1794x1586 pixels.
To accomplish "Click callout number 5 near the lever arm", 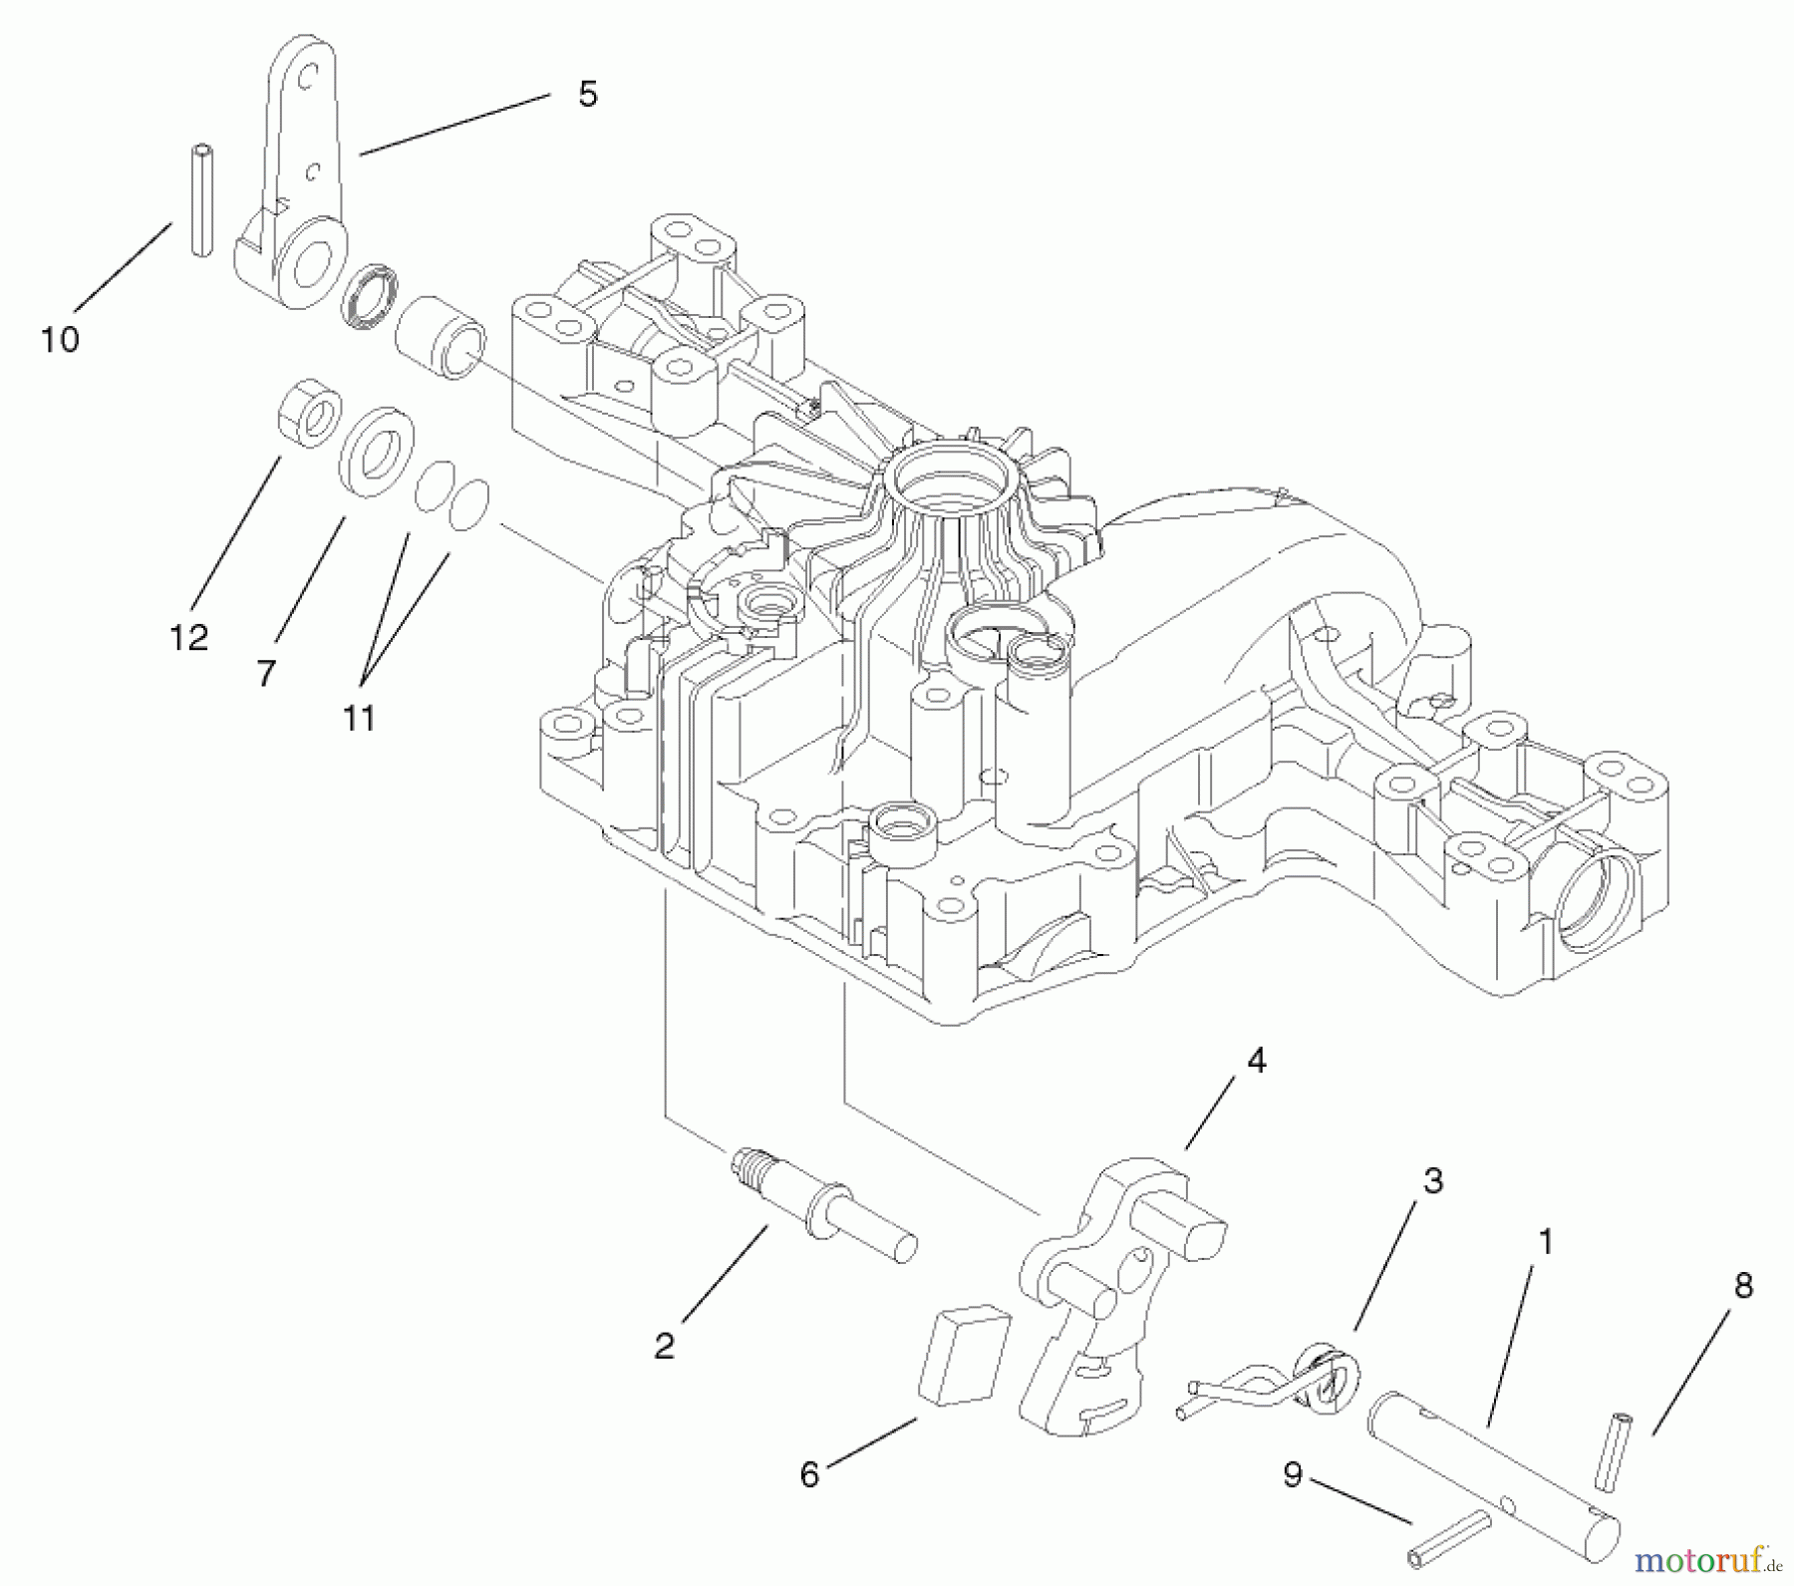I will pyautogui.click(x=587, y=95).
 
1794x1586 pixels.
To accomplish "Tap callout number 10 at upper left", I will pyautogui.click(x=60, y=340).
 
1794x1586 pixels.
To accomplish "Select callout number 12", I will pyautogui.click(x=189, y=637).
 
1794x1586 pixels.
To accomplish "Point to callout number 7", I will pyautogui.click(x=265, y=674).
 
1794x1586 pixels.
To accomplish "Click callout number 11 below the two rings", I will pyautogui.click(x=359, y=718).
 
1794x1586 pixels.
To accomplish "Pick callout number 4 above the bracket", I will pyautogui.click(x=1257, y=1062).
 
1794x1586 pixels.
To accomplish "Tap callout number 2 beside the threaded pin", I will pyautogui.click(x=665, y=1346).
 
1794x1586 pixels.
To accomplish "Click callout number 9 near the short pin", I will pyautogui.click(x=1293, y=1474).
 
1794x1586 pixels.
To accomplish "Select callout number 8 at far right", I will pyautogui.click(x=1743, y=1286).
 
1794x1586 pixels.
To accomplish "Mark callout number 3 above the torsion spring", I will pyautogui.click(x=1432, y=1181).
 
